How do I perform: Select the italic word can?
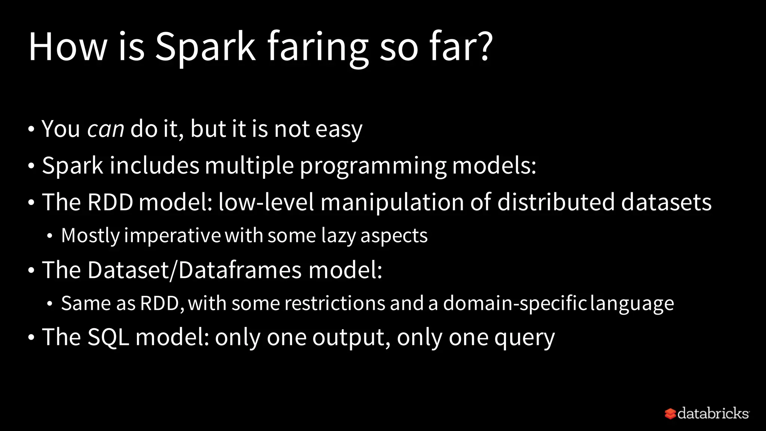105,129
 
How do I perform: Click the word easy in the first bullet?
339,129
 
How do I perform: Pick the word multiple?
249,165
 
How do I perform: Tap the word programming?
373,165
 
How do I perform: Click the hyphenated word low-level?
266,202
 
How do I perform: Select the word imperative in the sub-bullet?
172,236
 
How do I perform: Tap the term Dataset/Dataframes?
194,270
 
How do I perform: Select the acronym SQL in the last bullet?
108,337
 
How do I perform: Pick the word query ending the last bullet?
525,338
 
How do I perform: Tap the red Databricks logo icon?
670,413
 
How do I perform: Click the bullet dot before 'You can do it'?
31,129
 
